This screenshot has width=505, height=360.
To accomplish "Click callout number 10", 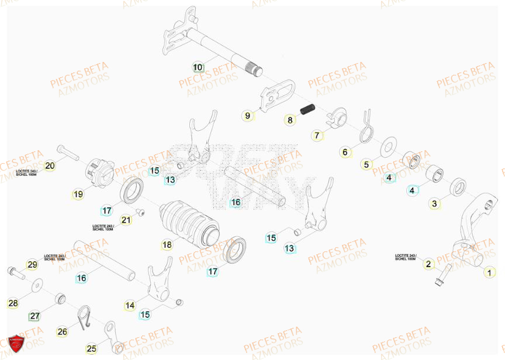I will click(198, 67).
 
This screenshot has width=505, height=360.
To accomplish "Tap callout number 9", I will click(247, 116).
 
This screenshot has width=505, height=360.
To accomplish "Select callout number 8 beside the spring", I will click(289, 120).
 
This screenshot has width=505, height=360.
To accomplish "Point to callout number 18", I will click(167, 245).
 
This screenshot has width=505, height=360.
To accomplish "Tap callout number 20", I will click(50, 166).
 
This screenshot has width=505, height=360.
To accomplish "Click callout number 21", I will click(126, 220).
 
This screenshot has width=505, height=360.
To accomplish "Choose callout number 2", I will click(428, 264).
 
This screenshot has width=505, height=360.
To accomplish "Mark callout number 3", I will click(434, 203).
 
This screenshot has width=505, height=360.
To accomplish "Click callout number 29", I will click(32, 265).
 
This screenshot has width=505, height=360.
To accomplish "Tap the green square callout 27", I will click(34, 316).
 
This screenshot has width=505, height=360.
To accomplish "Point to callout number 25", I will click(91, 349).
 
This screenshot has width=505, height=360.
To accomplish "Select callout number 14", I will click(130, 305).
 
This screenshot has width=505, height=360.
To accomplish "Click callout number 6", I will click(345, 152).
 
